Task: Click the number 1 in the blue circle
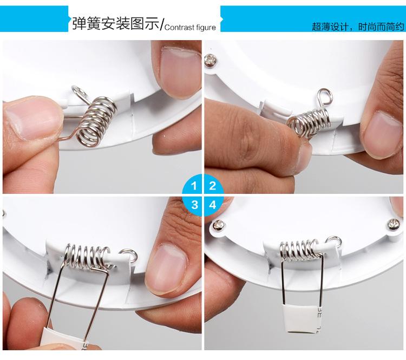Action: [194, 186]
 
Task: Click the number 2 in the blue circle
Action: [212, 186]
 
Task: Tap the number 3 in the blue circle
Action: [194, 205]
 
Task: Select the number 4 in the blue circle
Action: [213, 205]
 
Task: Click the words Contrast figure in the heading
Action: [190, 27]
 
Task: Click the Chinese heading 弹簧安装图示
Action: [116, 24]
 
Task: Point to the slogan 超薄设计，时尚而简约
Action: [358, 27]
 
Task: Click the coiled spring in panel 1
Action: [96, 121]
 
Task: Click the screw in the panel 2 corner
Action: [211, 60]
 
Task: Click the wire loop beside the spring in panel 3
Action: [128, 255]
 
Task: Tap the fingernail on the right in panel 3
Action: [168, 269]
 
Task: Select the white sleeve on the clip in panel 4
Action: [301, 318]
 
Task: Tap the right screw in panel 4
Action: [394, 224]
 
